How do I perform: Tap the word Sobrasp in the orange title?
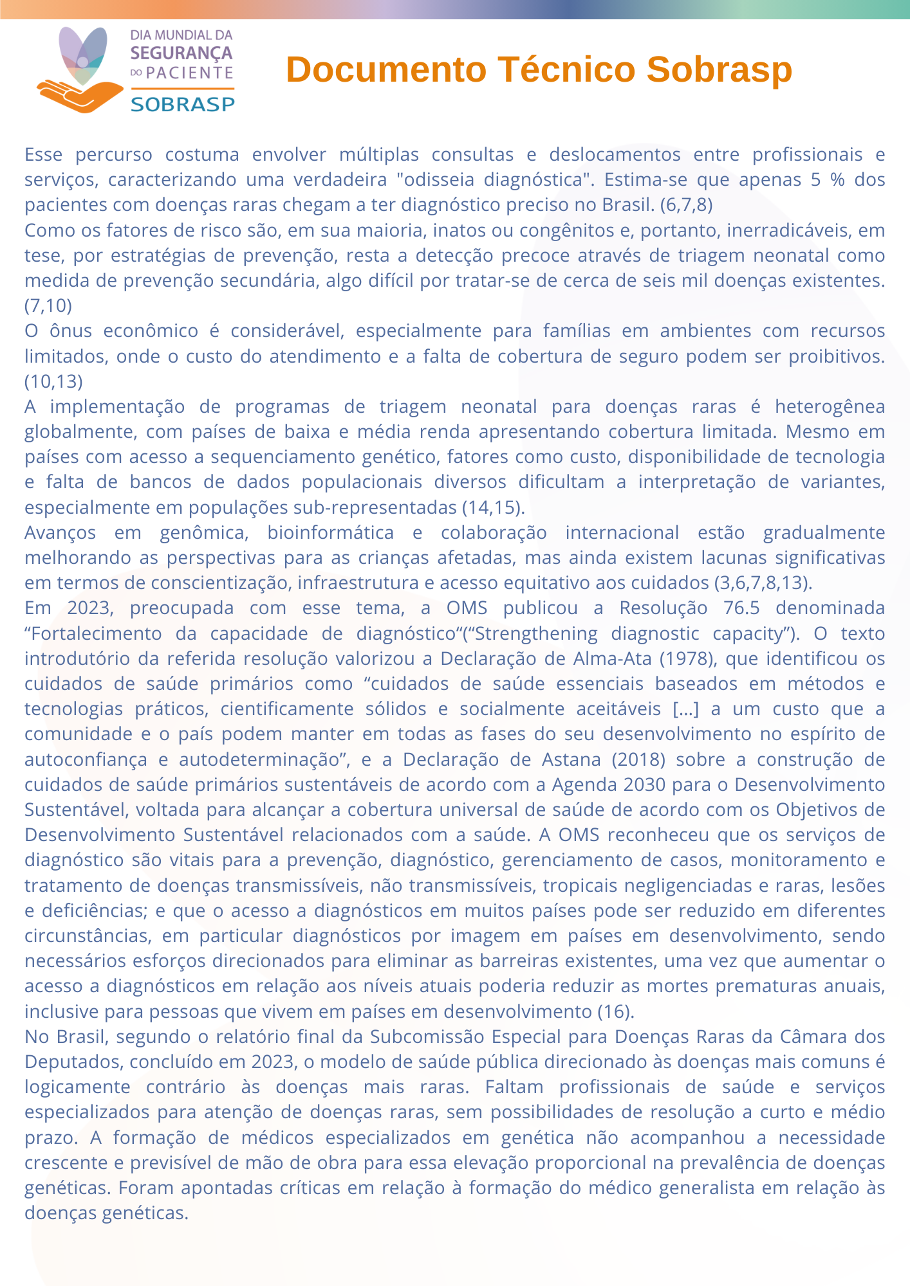pyautogui.click(x=719, y=69)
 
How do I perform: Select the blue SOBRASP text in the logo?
pyautogui.click(x=183, y=104)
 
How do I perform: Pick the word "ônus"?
pyautogui.click(x=70, y=331)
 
